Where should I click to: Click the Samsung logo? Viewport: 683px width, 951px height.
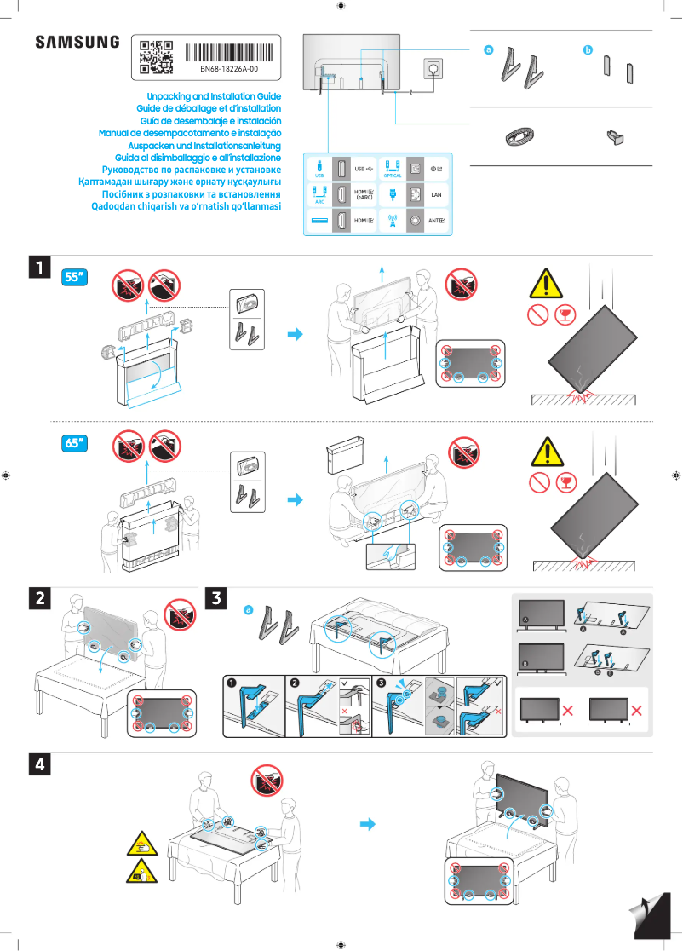coord(77,43)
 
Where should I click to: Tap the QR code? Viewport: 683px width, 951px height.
coord(156,56)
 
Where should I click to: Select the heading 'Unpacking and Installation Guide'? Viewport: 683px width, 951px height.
coord(214,97)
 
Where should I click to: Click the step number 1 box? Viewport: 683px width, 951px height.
coord(39,268)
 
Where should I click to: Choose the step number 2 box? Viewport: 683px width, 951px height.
coord(39,598)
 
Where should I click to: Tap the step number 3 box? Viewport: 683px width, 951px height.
coord(218,598)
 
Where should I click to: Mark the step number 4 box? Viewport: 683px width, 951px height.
coord(39,764)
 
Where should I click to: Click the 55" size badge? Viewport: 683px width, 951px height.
coord(76,277)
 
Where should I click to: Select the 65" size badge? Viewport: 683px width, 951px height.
coord(76,443)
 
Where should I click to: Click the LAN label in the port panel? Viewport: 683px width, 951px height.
coord(437,195)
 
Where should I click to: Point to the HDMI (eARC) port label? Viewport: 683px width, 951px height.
coord(364,195)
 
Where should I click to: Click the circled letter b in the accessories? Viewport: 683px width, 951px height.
coord(587,50)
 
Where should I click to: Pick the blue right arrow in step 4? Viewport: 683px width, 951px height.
coord(368,824)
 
